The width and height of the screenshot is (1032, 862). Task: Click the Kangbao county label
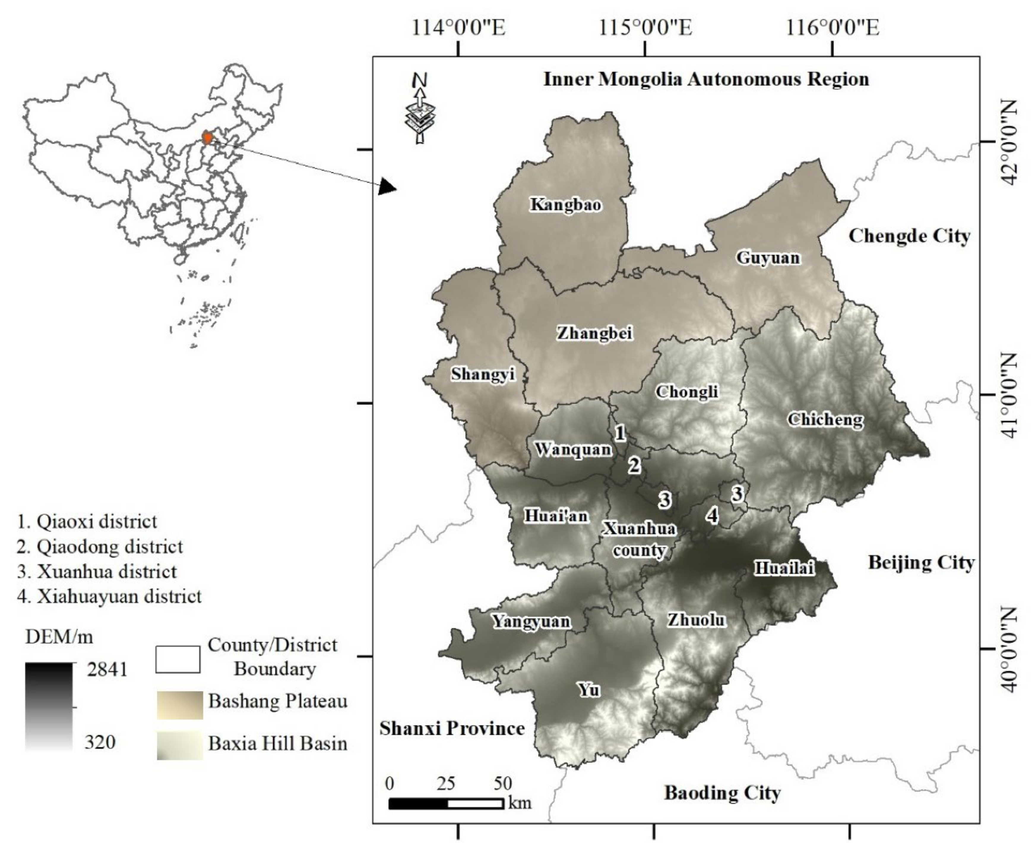click(565, 205)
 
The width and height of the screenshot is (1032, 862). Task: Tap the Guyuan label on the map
click(767, 258)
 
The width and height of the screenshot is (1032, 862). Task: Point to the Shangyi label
click(482, 374)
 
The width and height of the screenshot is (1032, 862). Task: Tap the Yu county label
click(589, 690)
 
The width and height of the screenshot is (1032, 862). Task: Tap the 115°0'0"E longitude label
click(645, 28)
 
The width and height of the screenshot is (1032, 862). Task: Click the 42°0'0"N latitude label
click(1007, 142)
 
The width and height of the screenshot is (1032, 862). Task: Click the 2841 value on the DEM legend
click(107, 669)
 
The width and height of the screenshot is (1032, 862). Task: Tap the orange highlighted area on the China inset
click(208, 138)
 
